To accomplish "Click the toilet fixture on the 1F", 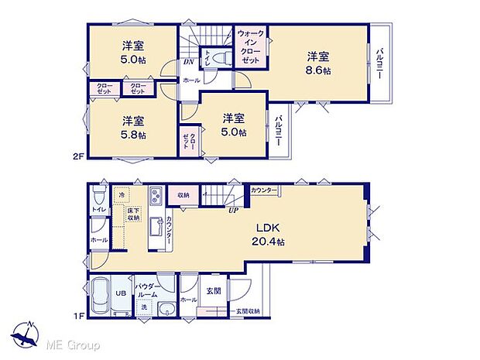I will coord(98,194).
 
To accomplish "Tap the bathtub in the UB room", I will coord(102,296).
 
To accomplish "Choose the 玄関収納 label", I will coord(248,311).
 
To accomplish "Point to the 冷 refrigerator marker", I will coord(122,194).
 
